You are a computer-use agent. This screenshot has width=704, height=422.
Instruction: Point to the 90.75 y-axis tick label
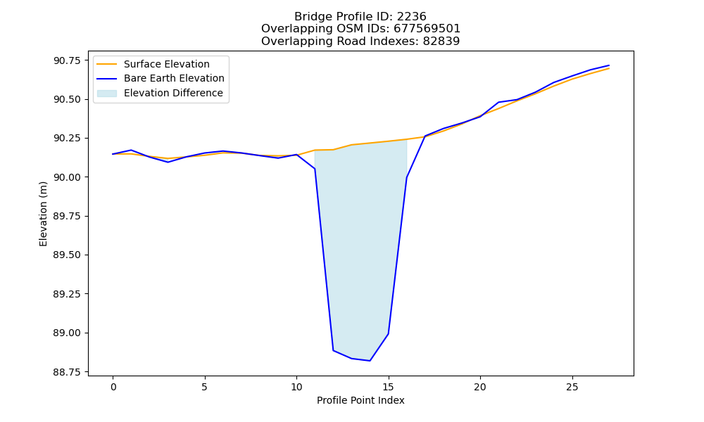click(68, 60)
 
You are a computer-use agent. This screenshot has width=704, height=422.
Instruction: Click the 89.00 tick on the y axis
click(68, 333)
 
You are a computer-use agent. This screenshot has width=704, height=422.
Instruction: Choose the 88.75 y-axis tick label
click(68, 372)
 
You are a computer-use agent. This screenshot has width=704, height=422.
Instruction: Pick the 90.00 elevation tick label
click(68, 177)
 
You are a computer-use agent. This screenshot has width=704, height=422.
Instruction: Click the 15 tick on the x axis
click(389, 387)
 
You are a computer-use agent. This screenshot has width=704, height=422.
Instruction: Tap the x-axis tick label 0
click(113, 387)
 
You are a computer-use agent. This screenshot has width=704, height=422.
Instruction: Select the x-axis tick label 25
click(572, 387)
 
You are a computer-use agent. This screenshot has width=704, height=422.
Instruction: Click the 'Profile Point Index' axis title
click(360, 400)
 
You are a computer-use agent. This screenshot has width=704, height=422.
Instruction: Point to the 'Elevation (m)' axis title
click(43, 214)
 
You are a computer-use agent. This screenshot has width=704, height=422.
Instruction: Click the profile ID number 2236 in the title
click(411, 17)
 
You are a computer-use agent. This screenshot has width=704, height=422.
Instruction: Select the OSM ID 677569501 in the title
click(427, 29)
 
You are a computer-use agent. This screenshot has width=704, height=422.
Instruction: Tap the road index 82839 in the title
click(441, 41)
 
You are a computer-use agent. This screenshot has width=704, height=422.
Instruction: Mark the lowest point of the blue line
click(370, 361)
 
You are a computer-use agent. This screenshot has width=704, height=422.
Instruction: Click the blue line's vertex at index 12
click(333, 350)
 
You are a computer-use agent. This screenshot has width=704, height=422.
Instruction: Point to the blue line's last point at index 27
click(609, 65)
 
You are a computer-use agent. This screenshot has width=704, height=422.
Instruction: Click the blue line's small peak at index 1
click(131, 150)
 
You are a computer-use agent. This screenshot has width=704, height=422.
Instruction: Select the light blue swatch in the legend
click(107, 94)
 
